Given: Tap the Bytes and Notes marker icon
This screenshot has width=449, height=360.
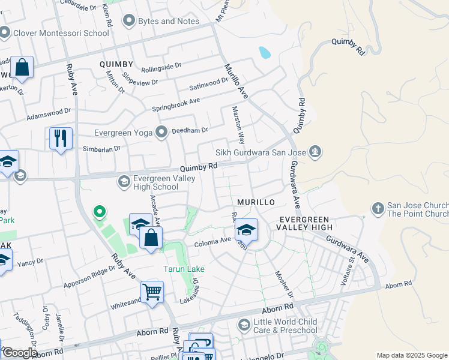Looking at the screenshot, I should pyautogui.click(x=128, y=21).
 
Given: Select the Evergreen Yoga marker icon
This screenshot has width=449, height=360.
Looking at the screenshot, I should pyautogui.click(x=161, y=132).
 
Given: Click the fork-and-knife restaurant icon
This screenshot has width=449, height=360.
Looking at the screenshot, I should pyautogui.click(x=61, y=139).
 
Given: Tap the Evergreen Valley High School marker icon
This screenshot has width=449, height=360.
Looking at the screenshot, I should pyautogui.click(x=124, y=181).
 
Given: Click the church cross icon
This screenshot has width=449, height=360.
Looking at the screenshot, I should pyautogui.click(x=378, y=209).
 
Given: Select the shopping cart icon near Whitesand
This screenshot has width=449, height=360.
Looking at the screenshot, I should pyautogui.click(x=152, y=292).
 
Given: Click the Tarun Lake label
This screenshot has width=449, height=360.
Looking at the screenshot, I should pyautogui.click(x=184, y=269).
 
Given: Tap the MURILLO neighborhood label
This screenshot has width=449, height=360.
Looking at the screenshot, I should pyautogui.click(x=256, y=203).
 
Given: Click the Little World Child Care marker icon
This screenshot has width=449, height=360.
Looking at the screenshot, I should pyautogui.click(x=244, y=325).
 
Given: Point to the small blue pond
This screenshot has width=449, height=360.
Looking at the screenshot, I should pyautogui.click(x=264, y=53).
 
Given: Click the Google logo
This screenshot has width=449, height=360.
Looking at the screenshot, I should pyautogui.click(x=19, y=353).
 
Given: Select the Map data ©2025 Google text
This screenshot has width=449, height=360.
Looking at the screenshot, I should pyautogui.click(x=411, y=355).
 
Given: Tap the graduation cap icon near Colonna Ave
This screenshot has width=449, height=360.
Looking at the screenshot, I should pyautogui.click(x=246, y=229).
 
